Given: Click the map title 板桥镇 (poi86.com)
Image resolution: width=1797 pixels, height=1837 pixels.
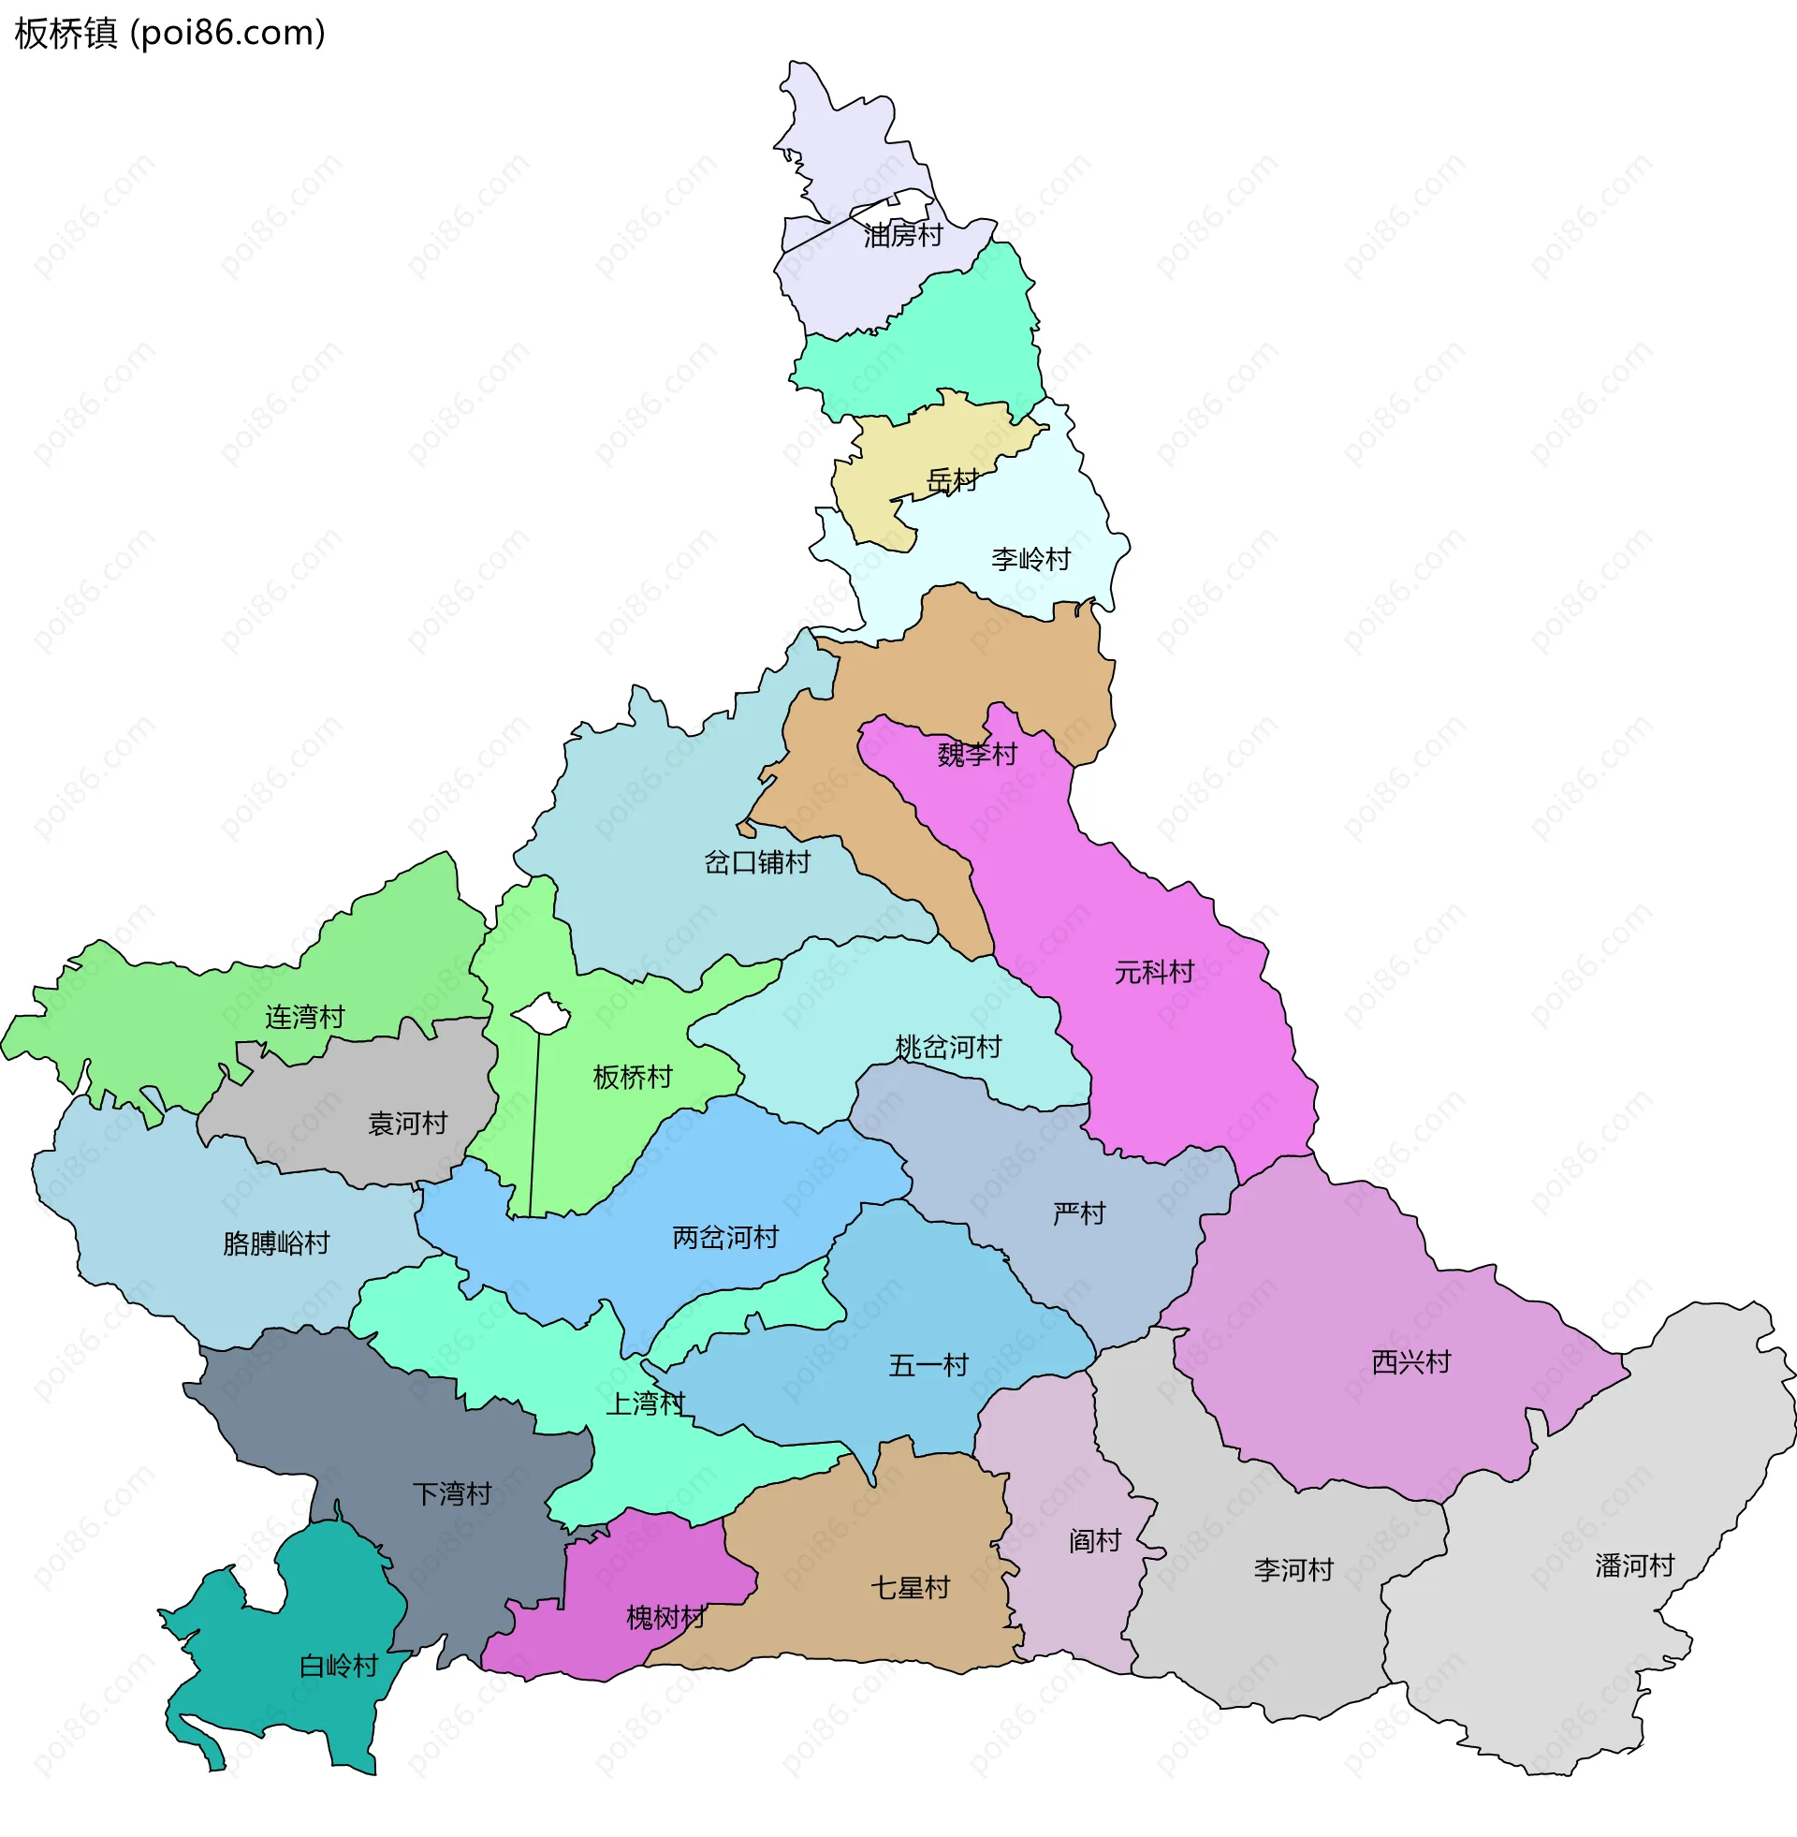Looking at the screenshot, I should point(170,33).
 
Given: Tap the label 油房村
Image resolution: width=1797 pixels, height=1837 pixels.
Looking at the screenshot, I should point(903,236).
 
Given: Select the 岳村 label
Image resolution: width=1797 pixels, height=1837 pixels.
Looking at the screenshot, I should point(951,481).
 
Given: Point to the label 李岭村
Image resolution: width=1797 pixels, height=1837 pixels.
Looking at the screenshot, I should point(1030,560).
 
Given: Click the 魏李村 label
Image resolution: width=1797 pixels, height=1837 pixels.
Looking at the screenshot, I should point(977,755).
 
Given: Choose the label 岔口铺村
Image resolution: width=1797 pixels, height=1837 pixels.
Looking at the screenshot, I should point(757,863).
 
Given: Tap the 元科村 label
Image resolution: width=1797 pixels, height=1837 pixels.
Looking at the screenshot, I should point(1153,972).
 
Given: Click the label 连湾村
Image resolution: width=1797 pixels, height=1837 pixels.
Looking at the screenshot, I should point(305,1018).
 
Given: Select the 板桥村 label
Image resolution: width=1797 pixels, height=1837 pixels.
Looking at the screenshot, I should point(633,1078).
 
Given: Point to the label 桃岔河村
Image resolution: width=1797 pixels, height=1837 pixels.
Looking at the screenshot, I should point(947,1048).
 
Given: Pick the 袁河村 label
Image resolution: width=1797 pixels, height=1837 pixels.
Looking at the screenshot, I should point(407,1124).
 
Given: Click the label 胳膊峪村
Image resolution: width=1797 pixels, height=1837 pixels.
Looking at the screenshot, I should point(276,1244).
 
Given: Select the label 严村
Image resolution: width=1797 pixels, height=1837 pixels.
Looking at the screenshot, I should point(1079,1214).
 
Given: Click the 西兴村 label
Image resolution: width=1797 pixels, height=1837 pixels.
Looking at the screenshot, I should point(1410,1363).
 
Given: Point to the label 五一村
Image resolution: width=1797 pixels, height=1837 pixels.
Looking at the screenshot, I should point(928,1366).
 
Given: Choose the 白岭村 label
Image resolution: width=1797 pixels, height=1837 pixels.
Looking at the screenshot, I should point(338,1667).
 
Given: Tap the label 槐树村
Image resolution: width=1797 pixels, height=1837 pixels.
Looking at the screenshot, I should point(665,1619).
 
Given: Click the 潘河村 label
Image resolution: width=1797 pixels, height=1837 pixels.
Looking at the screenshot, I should point(1634,1567).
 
